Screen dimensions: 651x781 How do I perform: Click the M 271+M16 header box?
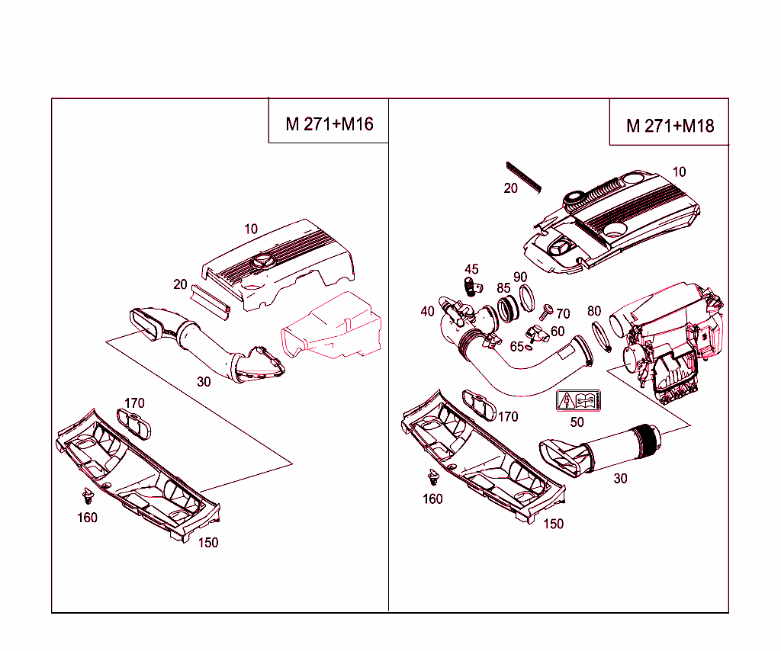329,123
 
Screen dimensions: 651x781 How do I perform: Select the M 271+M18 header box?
669,126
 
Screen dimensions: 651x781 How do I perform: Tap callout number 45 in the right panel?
471,269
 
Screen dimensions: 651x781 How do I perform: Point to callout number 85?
503,288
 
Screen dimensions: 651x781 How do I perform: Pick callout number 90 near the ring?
520,277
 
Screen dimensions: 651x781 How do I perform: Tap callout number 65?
516,346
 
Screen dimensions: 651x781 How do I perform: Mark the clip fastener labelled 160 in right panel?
434,478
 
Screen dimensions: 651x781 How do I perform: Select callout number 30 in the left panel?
204,381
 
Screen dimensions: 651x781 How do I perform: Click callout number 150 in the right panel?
554,524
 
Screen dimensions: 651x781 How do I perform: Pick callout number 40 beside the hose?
427,311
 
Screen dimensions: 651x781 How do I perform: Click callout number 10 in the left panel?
251,229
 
